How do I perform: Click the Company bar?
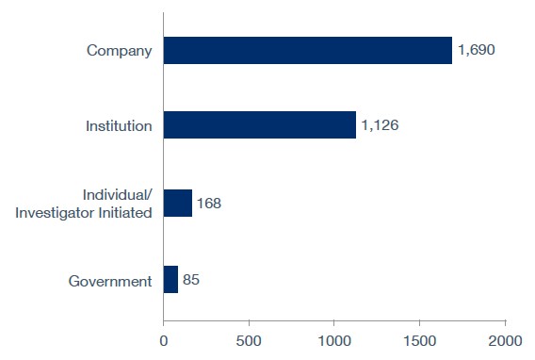[x=307, y=51]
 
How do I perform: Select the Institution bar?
[x=259, y=125]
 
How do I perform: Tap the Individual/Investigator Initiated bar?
[x=177, y=203]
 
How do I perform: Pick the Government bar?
[x=170, y=280]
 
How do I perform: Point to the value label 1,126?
[x=381, y=125]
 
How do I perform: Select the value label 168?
[x=209, y=203]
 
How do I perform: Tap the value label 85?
[x=191, y=280]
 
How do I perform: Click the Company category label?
[x=119, y=51]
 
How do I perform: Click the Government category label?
[x=111, y=280]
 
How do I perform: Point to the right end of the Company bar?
[x=450, y=51]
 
